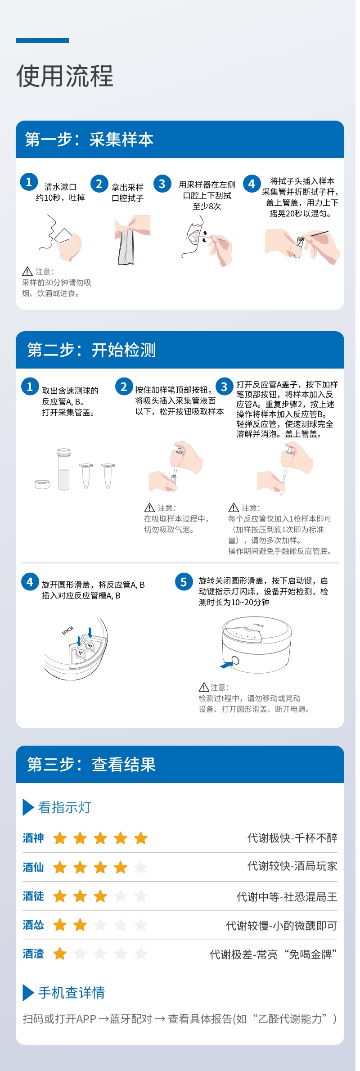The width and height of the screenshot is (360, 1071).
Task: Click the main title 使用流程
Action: click(65, 76)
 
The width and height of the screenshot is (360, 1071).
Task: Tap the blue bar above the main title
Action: click(42, 40)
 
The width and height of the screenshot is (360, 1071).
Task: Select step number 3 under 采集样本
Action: click(162, 184)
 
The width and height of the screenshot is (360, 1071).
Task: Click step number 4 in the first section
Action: click(252, 184)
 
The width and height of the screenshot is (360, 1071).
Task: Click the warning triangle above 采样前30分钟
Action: click(27, 271)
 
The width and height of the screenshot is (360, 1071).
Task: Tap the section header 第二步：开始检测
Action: click(91, 350)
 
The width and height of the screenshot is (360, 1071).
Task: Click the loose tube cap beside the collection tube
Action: click(42, 484)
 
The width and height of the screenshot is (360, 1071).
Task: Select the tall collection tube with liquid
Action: click(64, 469)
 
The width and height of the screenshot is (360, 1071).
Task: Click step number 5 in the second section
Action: click(184, 582)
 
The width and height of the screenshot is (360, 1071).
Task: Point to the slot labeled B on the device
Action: click(90, 646)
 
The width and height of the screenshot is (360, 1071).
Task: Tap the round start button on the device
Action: click(234, 661)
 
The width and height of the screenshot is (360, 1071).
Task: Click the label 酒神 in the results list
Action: click(33, 838)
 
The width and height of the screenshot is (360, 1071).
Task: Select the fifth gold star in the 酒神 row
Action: click(141, 838)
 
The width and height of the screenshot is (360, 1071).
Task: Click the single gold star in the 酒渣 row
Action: click(60, 954)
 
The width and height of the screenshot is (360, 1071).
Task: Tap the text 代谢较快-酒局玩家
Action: click(292, 866)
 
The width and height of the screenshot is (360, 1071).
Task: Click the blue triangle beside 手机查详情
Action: click(28, 992)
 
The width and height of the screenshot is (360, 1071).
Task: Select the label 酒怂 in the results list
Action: click(33, 925)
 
